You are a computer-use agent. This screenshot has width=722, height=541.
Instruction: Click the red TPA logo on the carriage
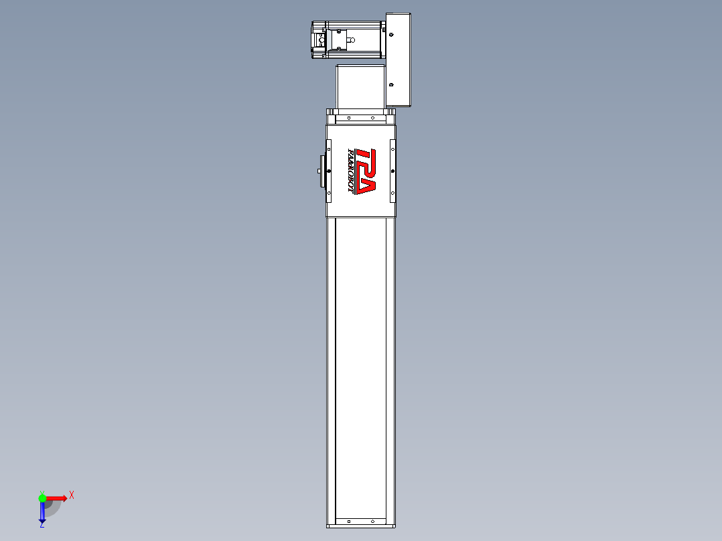366,171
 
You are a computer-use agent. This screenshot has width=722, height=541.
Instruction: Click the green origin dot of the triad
42,497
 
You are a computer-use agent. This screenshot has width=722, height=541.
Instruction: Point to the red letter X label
72,495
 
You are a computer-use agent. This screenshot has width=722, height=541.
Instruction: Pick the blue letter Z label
42,526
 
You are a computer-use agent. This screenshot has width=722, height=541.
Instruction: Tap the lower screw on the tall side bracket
392,85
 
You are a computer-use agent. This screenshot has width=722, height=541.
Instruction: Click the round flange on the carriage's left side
322,171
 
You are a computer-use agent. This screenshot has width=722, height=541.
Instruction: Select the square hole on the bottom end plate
348,520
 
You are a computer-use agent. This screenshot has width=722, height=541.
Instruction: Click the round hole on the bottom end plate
369,520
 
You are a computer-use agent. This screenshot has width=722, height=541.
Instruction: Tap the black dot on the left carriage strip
328,171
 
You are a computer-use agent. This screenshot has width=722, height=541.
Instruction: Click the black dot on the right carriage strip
392,171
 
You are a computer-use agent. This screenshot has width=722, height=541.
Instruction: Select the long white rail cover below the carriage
360,368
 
